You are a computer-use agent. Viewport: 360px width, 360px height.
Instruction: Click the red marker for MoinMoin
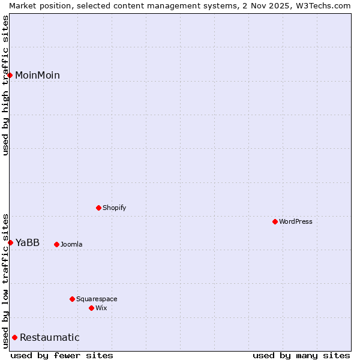[x=10, y=75]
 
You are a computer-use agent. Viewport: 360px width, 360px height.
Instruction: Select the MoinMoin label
[x=37, y=75]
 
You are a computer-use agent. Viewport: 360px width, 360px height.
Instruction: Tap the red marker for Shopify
[x=98, y=208]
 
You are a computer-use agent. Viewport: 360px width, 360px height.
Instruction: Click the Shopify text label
[x=114, y=208]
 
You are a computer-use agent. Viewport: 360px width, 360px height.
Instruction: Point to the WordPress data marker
[x=275, y=221]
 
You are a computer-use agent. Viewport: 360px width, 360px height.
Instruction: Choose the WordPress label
[x=295, y=221]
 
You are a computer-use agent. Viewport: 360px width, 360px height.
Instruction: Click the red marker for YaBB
[x=10, y=242]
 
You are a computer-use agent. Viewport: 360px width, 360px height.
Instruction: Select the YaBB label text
[x=28, y=242]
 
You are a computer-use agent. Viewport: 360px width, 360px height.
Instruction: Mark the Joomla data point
[x=56, y=244]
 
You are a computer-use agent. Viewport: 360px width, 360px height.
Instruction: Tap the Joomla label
[x=71, y=244]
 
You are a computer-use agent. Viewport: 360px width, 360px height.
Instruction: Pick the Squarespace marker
[x=72, y=299]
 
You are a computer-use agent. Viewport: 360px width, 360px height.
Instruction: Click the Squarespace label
[x=97, y=299]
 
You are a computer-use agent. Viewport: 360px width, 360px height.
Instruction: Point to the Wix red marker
[x=91, y=308]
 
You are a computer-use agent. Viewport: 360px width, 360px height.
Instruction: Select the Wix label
[x=101, y=308]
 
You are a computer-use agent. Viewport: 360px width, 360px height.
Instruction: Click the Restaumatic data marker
[x=14, y=337]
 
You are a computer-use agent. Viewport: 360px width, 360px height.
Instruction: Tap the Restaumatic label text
[x=50, y=337]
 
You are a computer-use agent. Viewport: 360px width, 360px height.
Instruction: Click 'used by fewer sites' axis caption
[x=62, y=355]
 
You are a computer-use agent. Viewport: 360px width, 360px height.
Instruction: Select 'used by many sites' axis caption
[x=301, y=355]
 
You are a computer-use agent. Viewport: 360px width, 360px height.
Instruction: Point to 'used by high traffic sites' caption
[x=5, y=85]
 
